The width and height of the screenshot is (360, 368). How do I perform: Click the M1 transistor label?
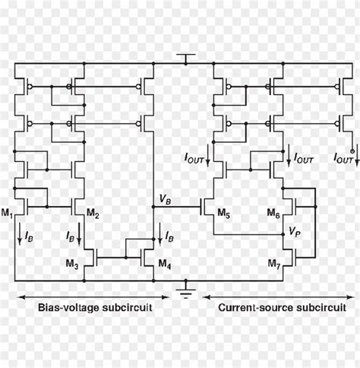pos(8,213)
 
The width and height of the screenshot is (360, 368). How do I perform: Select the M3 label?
pos(71,264)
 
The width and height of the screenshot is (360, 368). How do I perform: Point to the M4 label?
pos(164,264)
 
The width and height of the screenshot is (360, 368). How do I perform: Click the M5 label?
pos(223,213)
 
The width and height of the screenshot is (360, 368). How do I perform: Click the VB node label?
pos(165,199)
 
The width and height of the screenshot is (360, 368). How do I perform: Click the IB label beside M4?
pos(169,237)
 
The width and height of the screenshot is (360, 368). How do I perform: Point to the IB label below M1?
pos(28,237)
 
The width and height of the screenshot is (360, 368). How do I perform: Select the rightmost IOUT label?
pos(343,158)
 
